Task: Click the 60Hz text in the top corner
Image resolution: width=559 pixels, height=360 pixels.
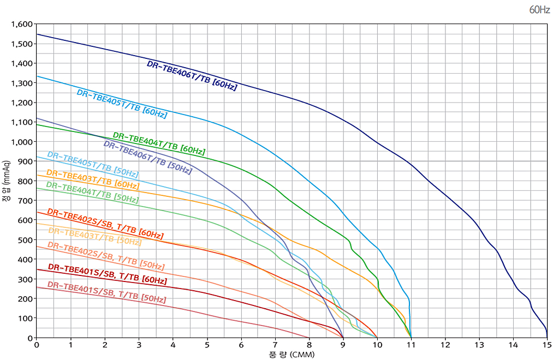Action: click(539, 10)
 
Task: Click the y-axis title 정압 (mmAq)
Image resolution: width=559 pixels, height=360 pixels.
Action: click(6, 181)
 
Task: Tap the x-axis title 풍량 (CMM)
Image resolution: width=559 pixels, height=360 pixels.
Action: click(292, 355)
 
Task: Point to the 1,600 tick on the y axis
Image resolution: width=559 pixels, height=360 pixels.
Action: click(22, 25)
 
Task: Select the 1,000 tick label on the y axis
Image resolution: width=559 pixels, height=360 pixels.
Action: click(22, 142)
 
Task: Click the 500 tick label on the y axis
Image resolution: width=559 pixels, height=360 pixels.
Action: click(26, 240)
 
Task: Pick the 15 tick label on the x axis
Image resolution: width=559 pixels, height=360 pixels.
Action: click(547, 345)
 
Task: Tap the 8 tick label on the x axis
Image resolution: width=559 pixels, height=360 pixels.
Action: click(309, 345)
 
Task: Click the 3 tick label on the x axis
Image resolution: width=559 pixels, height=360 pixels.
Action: click(139, 345)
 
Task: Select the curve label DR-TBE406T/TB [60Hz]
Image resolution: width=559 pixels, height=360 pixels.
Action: click(192, 75)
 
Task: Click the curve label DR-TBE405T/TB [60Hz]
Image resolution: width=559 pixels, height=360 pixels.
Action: click(122, 104)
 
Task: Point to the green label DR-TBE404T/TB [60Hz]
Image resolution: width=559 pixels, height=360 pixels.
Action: click(159, 143)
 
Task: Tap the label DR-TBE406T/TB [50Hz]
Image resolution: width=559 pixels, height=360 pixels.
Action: click(147, 158)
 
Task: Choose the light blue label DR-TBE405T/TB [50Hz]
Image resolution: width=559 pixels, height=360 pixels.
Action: click(93, 164)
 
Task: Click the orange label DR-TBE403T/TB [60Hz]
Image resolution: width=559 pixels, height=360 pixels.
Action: click(93, 179)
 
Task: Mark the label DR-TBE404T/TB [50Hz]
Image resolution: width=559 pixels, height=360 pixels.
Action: click(92, 193)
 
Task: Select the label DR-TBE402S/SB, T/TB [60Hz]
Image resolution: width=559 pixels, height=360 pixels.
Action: click(105, 224)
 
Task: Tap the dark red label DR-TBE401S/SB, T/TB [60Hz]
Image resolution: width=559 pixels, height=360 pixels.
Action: click(108, 273)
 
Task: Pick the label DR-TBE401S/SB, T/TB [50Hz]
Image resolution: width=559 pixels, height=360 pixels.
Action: click(106, 292)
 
